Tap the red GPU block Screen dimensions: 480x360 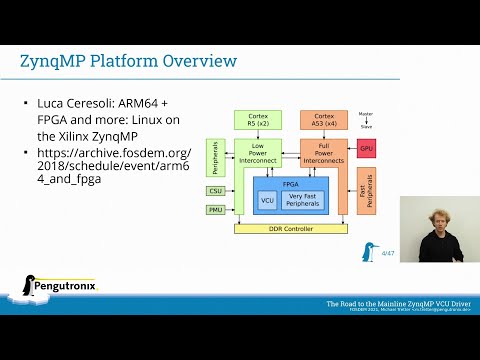click(x=366, y=148)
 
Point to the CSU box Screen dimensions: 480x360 click(x=216, y=190)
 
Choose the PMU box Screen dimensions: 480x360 click(x=216, y=209)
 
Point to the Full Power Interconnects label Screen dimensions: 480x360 click(x=322, y=153)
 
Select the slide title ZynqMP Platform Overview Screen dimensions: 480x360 click(x=129, y=61)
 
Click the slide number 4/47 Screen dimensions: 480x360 click(x=388, y=255)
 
